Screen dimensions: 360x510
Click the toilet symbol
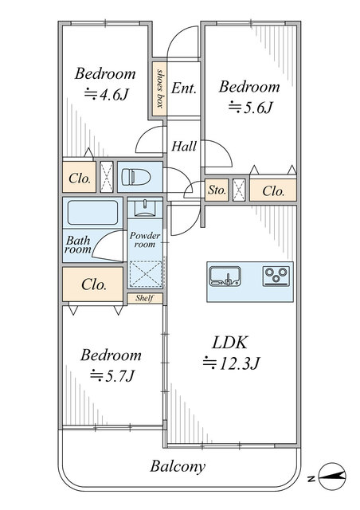tap(136, 177)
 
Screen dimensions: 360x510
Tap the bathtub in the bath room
tap(92, 213)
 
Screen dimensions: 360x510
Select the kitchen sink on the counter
tap(225, 277)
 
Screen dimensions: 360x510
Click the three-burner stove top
tap(276, 277)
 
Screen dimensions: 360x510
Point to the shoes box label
tap(159, 88)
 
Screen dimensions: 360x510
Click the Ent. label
tap(184, 88)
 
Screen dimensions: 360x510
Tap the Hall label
tap(184, 147)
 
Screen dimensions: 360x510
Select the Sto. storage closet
tap(217, 190)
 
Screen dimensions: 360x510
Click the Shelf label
tap(144, 298)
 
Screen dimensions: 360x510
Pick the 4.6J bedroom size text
tap(107, 95)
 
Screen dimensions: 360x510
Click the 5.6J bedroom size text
tap(250, 108)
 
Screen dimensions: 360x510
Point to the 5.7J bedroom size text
tap(112, 376)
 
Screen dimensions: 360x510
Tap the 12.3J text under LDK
tap(231, 363)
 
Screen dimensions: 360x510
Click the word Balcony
tap(178, 467)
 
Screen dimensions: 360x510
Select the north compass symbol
tap(331, 476)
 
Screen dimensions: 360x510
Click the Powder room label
tap(145, 240)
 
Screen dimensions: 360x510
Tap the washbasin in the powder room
tap(145, 208)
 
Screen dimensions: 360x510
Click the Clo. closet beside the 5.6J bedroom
tap(273, 190)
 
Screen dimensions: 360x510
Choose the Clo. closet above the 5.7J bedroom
tap(93, 284)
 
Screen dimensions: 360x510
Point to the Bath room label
tap(78, 245)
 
